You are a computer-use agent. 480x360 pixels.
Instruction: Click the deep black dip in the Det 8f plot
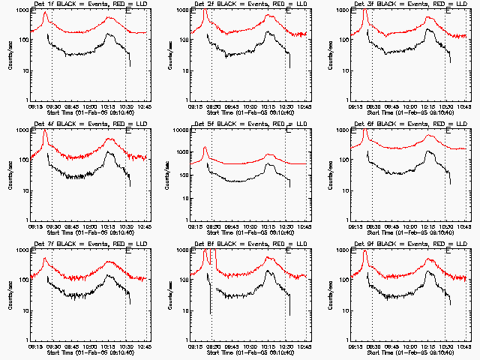211,311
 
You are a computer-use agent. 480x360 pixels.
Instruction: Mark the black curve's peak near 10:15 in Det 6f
429,152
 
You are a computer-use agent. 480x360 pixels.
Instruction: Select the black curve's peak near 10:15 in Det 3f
428,30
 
